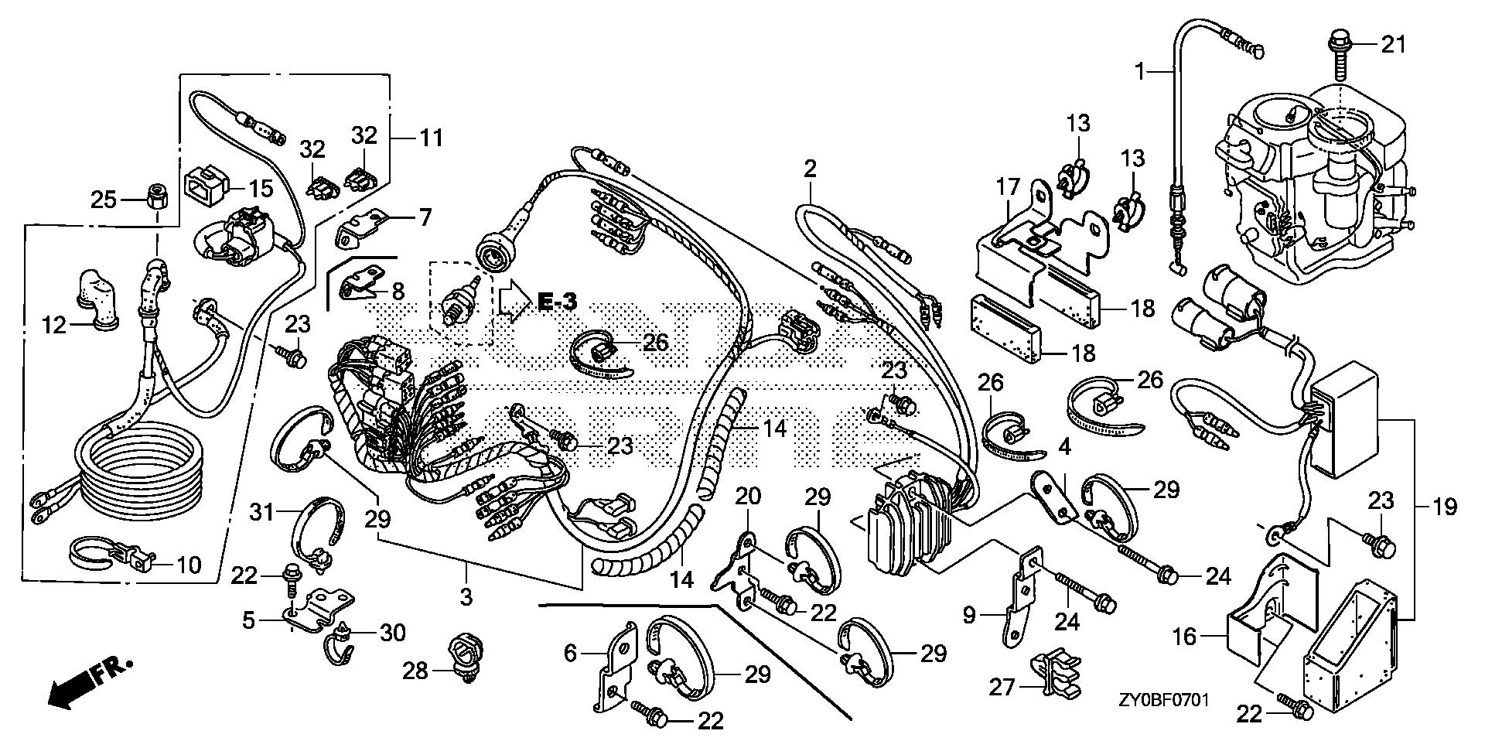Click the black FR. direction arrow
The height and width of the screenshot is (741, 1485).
tap(72, 688)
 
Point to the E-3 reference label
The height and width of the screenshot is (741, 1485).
tap(558, 302)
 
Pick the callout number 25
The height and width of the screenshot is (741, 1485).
tap(104, 200)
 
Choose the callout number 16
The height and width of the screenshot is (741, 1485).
tap(1185, 637)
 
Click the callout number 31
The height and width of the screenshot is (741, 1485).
tap(265, 511)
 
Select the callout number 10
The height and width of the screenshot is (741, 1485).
tap(186, 565)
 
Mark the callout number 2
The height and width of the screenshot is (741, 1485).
tap(810, 168)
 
